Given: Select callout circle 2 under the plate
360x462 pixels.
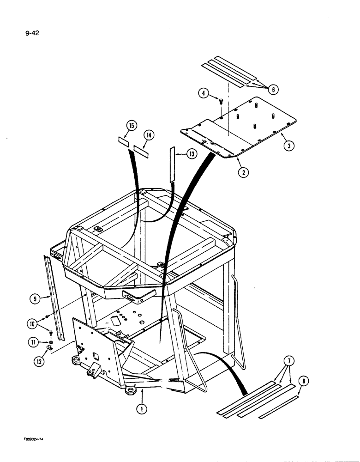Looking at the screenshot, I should tap(243, 173).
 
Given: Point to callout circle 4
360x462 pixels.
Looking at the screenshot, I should tap(203, 93).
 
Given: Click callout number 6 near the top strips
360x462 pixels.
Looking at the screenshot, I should tap(273, 90).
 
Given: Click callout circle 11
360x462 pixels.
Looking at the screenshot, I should tap(34, 342).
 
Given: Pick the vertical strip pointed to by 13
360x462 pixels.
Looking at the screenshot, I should tap(172, 164).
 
